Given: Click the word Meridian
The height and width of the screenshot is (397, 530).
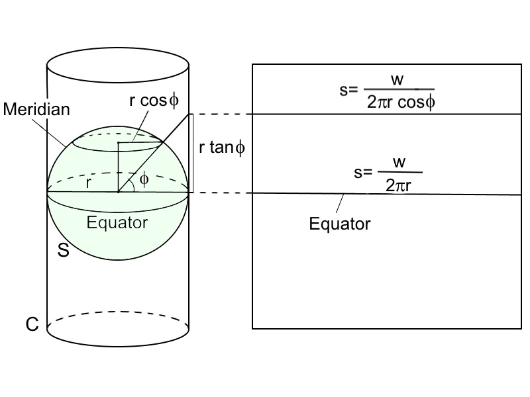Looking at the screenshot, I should point(36,109).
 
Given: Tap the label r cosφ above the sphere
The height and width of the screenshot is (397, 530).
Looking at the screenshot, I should point(155,101).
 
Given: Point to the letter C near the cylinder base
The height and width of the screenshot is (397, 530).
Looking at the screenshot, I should point(31,324).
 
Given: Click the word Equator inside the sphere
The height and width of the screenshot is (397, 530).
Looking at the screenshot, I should point(117,222).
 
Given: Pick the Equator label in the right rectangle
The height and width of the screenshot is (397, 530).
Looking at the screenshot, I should point(340,224).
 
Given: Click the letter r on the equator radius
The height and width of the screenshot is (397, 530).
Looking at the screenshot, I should point(88,183).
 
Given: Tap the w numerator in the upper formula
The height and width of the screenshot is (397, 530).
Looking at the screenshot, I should point(397,80).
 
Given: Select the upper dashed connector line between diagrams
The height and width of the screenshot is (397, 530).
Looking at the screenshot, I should point(222,114).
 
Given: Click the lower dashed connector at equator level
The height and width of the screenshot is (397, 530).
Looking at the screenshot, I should point(222,193).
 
